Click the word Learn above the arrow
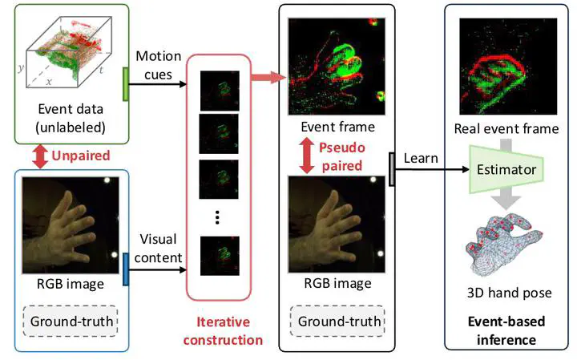[x=422, y=157]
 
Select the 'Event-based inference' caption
[x=506, y=329]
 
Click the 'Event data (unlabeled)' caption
[x=69, y=118]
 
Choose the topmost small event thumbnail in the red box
[x=215, y=86]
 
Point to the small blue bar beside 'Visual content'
[x=126, y=268]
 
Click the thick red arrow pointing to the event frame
[x=267, y=77]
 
